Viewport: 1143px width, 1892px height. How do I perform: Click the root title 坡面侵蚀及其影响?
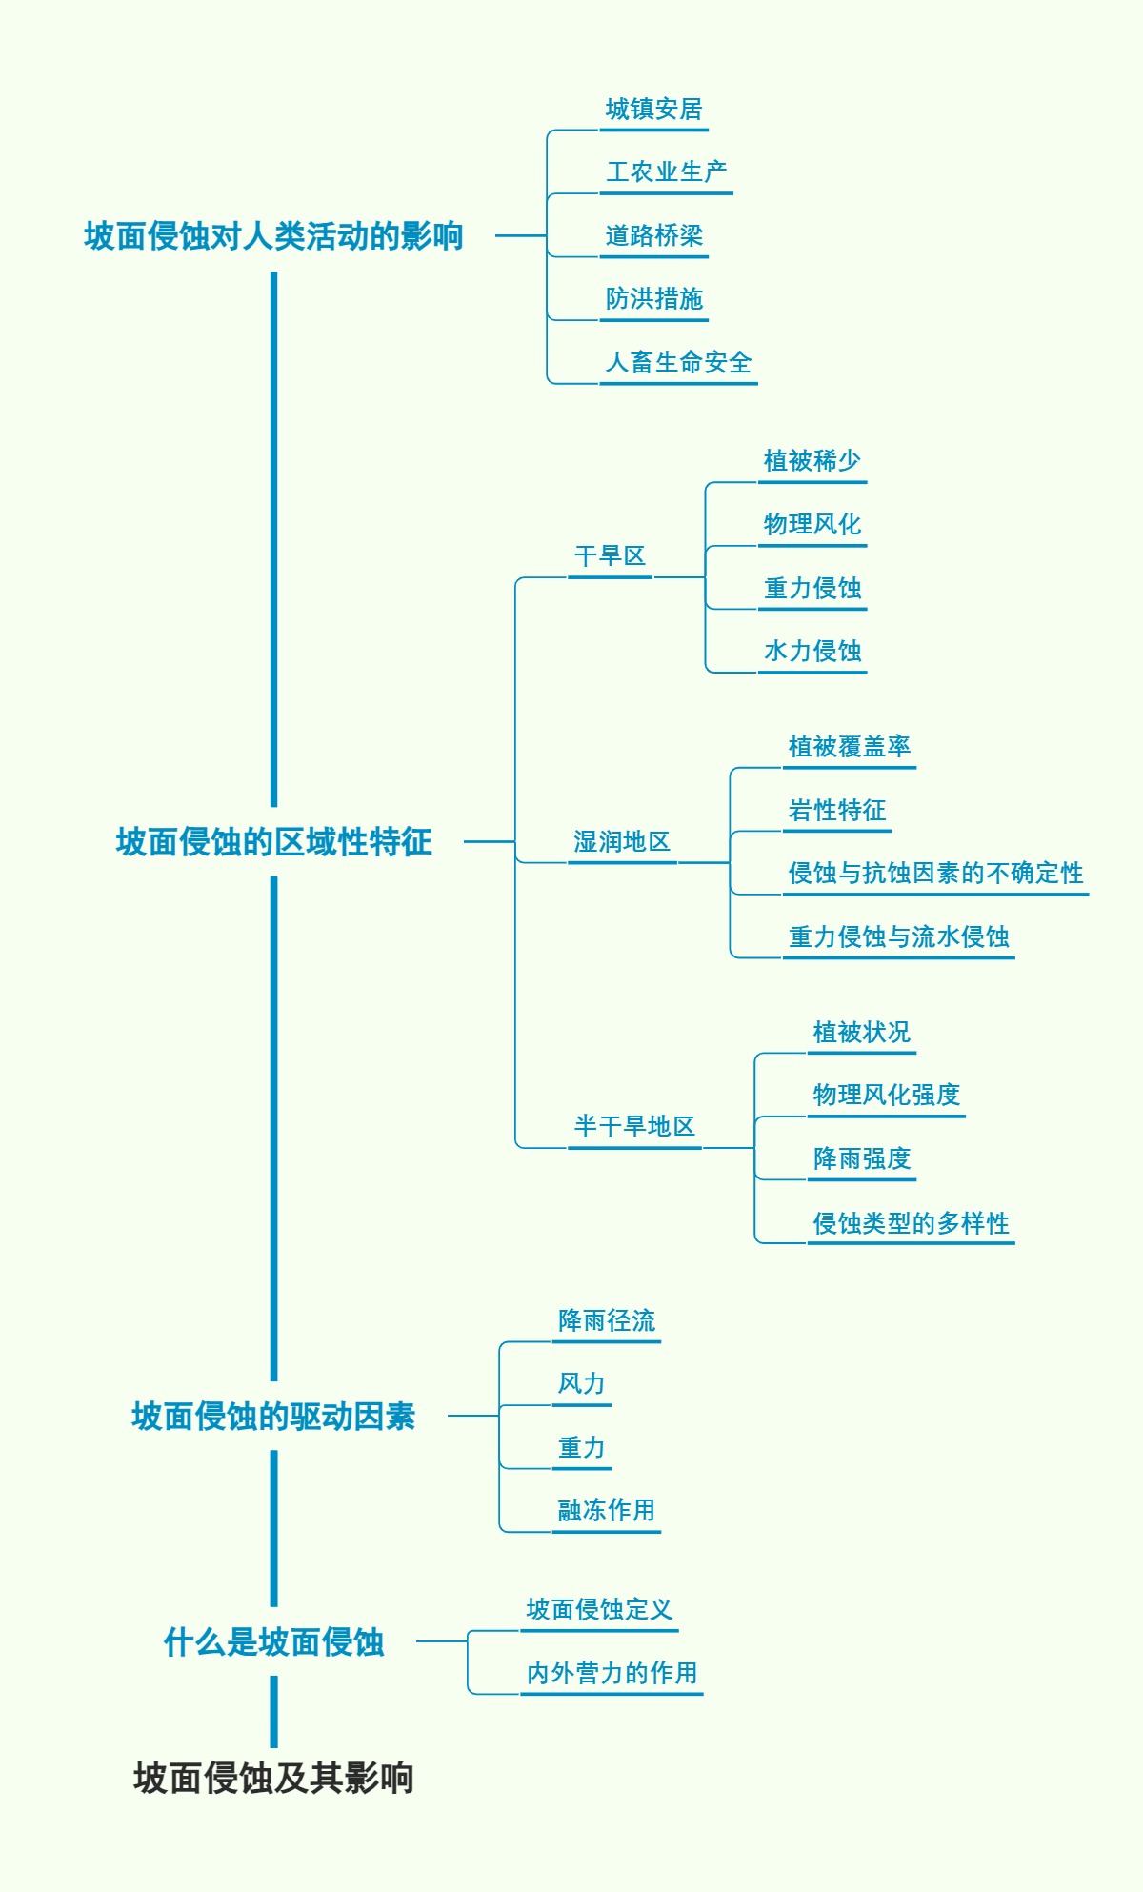pos(273,1778)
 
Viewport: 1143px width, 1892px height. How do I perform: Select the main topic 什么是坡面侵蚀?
pos(273,1641)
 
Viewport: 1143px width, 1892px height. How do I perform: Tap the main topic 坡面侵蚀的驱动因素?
pos(273,1416)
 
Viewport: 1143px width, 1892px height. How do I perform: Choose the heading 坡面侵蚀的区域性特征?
pos(273,841)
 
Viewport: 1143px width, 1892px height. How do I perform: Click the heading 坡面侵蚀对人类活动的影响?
pos(273,235)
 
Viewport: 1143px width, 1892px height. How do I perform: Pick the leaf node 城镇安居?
pos(653,110)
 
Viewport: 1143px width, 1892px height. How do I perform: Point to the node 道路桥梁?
pos(653,235)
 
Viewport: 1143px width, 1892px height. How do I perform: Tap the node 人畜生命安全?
pos(678,362)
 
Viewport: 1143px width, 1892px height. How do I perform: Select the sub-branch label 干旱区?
pos(610,555)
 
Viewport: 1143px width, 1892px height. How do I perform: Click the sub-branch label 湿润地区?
pos(622,841)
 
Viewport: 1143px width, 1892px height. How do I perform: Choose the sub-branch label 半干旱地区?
pos(634,1126)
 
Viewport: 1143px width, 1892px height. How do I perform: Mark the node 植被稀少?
pos(812,461)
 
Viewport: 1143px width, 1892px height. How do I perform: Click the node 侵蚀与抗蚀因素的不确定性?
pos(935,873)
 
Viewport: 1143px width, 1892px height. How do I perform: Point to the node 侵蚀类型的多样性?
pos(911,1222)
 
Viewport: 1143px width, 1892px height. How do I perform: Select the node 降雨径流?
pos(606,1320)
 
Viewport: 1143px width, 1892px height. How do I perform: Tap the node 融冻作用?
pos(606,1510)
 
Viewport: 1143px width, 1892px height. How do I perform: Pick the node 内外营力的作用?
pos(612,1673)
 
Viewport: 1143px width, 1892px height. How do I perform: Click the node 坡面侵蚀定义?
pos(599,1609)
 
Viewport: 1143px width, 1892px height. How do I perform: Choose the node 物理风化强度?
pos(886,1095)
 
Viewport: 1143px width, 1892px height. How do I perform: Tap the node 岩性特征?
pos(836,810)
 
